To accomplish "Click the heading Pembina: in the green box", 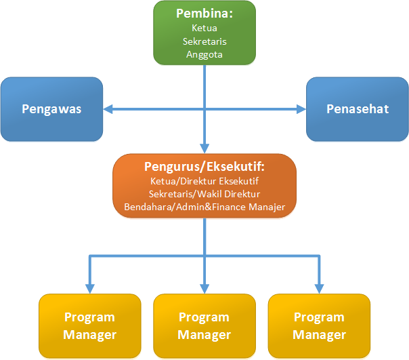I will coord(204,14).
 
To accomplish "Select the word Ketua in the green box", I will coord(204,28).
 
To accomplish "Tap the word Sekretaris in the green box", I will coord(204,41).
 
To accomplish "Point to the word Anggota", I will coord(204,54).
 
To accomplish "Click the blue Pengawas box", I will coord(51,108).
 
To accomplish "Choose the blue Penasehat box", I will coord(357,108).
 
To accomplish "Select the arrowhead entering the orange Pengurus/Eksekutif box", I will coord(204,148).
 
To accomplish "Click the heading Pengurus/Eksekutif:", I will coord(204,167).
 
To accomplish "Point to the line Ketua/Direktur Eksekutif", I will coord(204,180).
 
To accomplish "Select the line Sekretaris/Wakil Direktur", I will coord(204,193).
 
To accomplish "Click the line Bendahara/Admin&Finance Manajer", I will coord(204,207).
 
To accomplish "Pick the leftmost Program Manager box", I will coord(89,325).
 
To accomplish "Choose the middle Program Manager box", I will coord(204,325).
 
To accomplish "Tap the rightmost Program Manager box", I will coord(319,325).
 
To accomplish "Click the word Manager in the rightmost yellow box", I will coord(319,334).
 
